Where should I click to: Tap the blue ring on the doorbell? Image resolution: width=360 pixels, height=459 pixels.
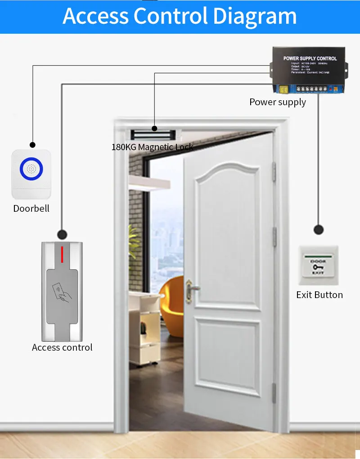tap(31, 169)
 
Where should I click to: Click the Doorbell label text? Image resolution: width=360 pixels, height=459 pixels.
tap(31, 209)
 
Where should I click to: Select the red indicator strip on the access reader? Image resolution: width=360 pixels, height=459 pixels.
tap(62, 253)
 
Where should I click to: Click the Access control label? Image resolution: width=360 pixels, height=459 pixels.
tap(62, 348)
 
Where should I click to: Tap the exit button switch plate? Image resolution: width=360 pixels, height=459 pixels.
tap(318, 265)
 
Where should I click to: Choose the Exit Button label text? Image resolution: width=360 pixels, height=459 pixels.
tap(319, 295)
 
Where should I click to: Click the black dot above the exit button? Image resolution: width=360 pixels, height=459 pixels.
tap(319, 230)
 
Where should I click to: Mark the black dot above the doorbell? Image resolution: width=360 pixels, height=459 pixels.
tap(32, 145)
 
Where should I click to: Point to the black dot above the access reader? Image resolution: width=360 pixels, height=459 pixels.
tap(62, 234)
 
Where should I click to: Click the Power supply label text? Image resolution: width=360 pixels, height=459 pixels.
tap(278, 102)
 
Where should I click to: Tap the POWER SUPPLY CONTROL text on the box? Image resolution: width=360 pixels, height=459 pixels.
tap(310, 58)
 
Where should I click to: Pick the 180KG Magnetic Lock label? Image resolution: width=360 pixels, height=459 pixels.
tap(152, 147)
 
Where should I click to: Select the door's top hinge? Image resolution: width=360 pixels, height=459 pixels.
tap(274, 172)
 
